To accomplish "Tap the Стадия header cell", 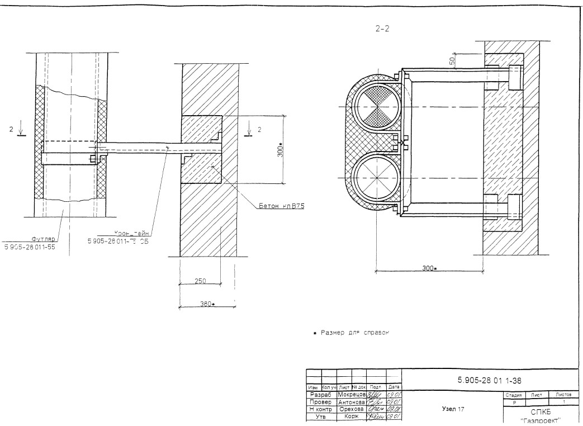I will coord(514,395).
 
